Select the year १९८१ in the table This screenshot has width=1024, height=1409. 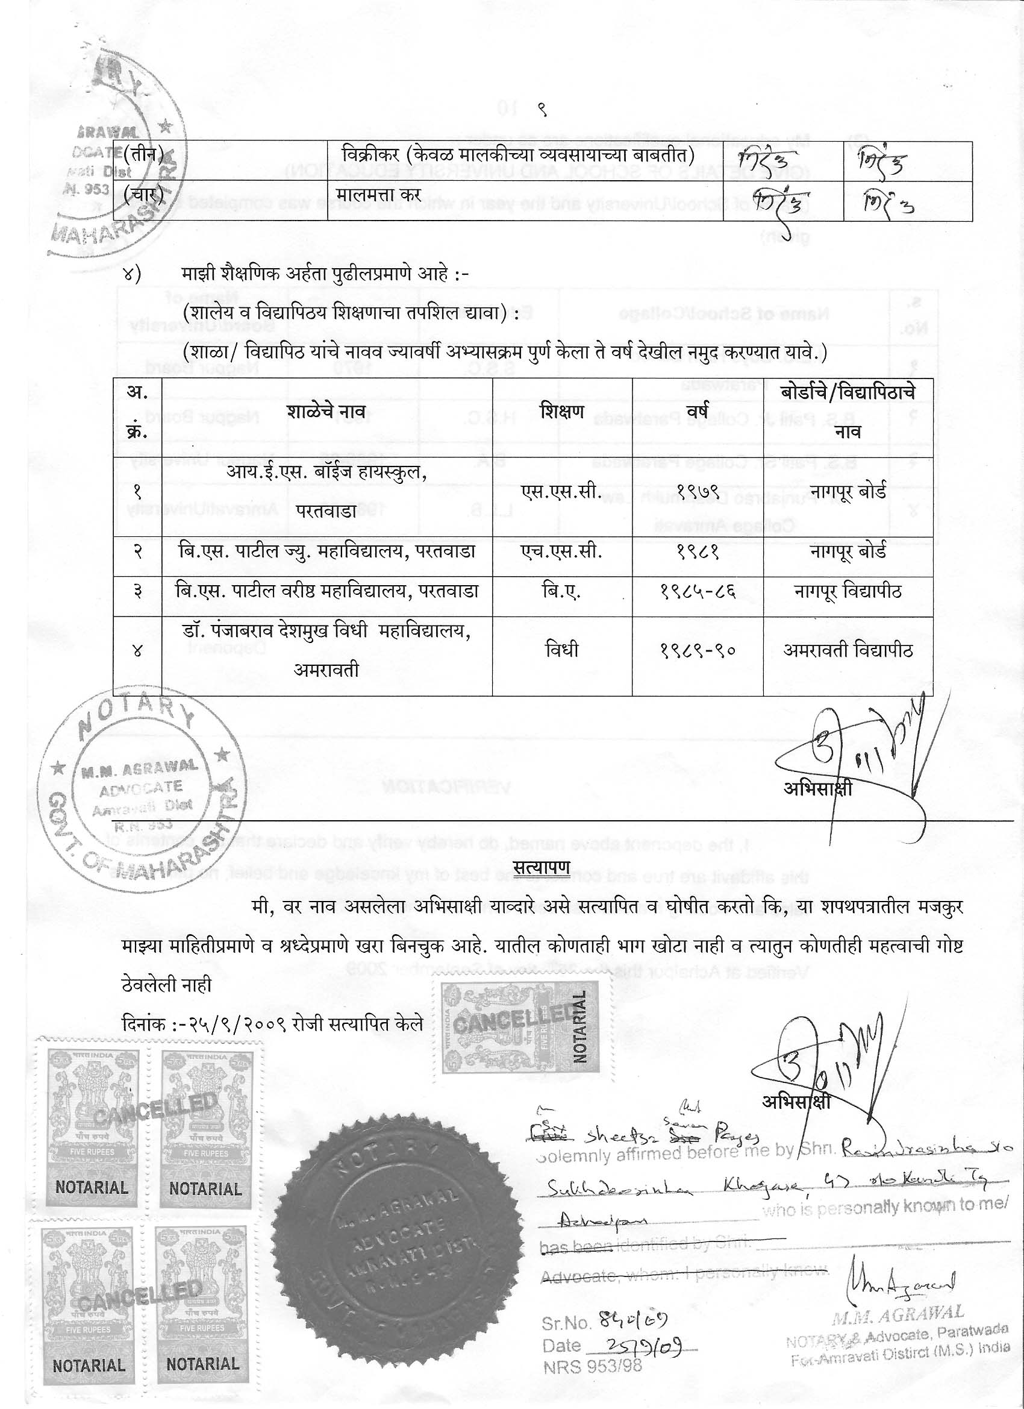(698, 551)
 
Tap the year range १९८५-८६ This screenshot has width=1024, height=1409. (698, 591)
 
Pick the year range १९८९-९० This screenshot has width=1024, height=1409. (698, 650)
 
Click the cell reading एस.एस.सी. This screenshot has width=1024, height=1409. (561, 492)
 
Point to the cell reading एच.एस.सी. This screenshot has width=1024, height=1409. (561, 551)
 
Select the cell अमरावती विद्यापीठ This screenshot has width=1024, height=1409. (848, 650)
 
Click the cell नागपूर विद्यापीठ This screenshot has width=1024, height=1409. (848, 591)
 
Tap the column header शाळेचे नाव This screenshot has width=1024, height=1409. (326, 411)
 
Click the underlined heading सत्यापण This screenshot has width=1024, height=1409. (542, 867)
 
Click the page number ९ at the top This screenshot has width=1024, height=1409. (542, 110)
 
